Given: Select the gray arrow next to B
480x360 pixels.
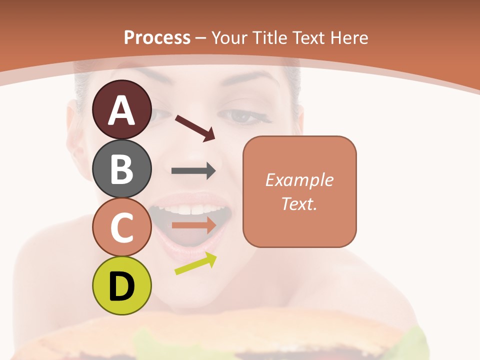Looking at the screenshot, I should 193,171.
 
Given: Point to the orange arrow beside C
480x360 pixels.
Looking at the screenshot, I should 194,225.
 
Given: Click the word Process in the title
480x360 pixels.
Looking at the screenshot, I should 157,37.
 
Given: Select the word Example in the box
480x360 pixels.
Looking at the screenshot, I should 299,180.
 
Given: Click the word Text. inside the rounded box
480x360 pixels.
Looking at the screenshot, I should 299,203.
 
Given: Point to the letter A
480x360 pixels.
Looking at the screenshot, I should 121,110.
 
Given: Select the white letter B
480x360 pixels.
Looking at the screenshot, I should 121,169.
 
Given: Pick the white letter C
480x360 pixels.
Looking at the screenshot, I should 121,227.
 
